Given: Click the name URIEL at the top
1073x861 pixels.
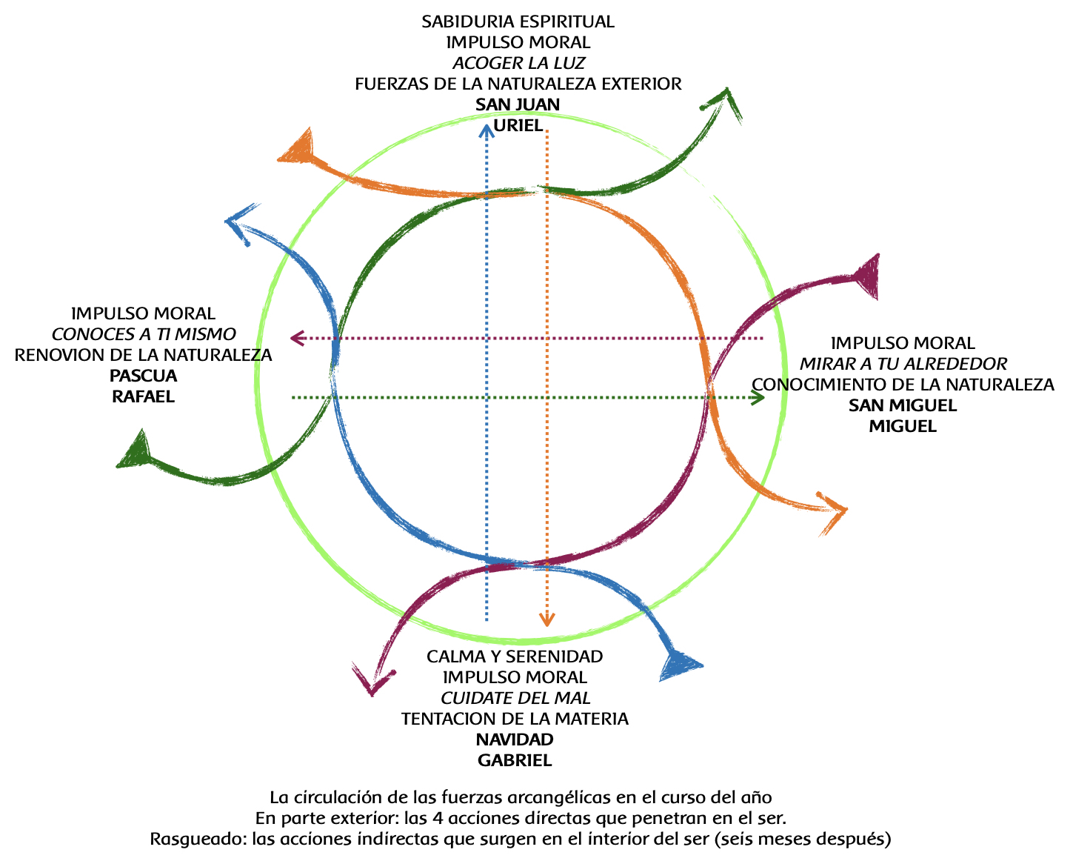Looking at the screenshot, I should pyautogui.click(x=518, y=125).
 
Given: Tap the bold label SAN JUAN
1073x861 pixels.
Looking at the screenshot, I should pyautogui.click(x=518, y=104).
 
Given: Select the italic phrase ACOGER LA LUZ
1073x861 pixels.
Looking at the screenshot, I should pyautogui.click(x=518, y=63).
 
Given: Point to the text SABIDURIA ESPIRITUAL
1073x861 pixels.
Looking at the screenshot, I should pyautogui.click(x=518, y=21).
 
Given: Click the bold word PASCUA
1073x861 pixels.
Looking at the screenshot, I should pyautogui.click(x=143, y=376).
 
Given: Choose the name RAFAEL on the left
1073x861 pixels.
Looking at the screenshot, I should pyautogui.click(x=143, y=396).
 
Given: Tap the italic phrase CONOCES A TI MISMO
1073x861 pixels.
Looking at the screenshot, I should pyautogui.click(x=143, y=334).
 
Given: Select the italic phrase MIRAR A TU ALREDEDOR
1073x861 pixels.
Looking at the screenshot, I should pyautogui.click(x=903, y=364).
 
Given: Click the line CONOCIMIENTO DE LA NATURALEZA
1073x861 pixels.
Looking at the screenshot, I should pyautogui.click(x=903, y=385).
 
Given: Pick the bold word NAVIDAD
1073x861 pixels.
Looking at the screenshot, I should pyautogui.click(x=515, y=739).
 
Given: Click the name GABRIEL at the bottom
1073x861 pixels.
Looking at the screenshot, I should pyautogui.click(x=515, y=760).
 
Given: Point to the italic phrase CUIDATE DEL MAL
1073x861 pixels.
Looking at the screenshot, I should pyautogui.click(x=515, y=698).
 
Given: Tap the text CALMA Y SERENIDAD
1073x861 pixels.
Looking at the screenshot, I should pyautogui.click(x=515, y=656).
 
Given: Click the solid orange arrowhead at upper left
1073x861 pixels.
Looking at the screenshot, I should pyautogui.click(x=298, y=148).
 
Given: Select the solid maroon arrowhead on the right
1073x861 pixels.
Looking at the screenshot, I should pyautogui.click(x=866, y=276).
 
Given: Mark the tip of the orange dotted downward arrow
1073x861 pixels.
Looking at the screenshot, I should pyautogui.click(x=546, y=625).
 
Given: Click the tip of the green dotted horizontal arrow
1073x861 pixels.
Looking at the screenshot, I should pyautogui.click(x=763, y=398).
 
